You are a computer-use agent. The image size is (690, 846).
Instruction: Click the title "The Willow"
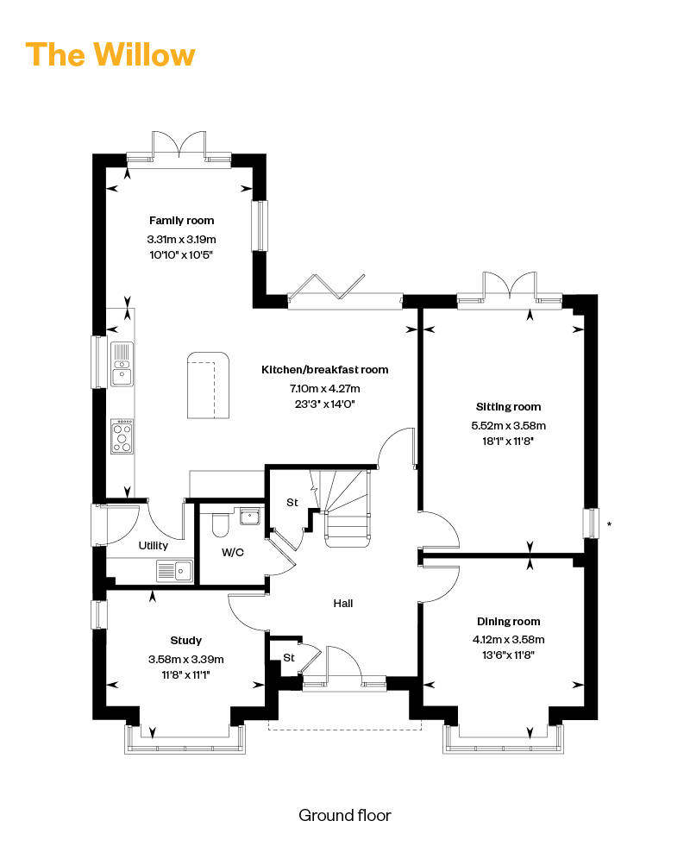click(110, 54)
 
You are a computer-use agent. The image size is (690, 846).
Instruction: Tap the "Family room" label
click(181, 220)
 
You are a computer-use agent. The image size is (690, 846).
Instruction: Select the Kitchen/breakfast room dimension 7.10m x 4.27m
click(325, 388)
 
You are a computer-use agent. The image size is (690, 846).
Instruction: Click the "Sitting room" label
click(508, 407)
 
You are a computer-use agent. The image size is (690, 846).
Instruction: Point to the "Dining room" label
click(508, 622)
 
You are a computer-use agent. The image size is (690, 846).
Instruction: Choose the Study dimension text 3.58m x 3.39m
click(186, 660)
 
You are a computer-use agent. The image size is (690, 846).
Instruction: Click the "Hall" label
click(343, 603)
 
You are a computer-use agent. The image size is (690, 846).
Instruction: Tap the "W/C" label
click(233, 553)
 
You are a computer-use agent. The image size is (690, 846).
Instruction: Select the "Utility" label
click(154, 546)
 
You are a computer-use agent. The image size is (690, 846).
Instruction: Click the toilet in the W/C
click(220, 524)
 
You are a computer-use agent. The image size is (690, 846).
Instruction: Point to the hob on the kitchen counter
click(122, 436)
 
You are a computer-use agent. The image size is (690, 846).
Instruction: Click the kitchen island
click(208, 385)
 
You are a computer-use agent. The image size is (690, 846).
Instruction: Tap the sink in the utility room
click(175, 571)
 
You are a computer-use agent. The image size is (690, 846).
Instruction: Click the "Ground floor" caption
click(345, 815)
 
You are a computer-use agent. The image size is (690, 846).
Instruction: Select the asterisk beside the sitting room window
click(609, 523)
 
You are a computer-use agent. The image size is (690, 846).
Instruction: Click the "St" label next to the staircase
click(292, 502)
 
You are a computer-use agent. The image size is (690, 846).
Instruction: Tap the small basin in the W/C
click(250, 516)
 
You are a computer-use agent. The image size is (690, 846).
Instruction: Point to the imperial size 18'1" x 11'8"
click(508, 442)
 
